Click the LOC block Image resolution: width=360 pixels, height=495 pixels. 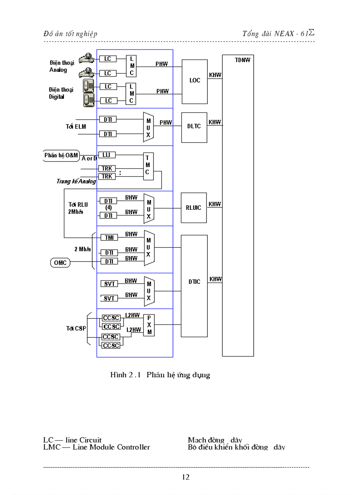tap(195, 80)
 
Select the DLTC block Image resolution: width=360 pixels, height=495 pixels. tap(194, 126)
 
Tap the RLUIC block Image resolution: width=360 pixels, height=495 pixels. tap(193, 208)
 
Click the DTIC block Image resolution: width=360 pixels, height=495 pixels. tap(194, 282)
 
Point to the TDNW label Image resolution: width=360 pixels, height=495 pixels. tap(242, 60)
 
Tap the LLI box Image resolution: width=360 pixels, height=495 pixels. tap(106, 155)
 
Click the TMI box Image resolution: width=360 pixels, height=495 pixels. tap(109, 237)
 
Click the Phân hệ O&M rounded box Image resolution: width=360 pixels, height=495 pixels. tap(61, 155)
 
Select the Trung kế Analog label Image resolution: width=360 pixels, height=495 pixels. tap(76, 181)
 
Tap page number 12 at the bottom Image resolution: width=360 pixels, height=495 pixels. tap(185, 477)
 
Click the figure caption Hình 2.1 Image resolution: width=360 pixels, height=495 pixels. tap(160, 375)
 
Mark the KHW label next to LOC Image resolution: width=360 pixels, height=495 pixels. tap(215, 75)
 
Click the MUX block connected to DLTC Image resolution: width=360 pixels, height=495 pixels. tap(149, 127)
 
